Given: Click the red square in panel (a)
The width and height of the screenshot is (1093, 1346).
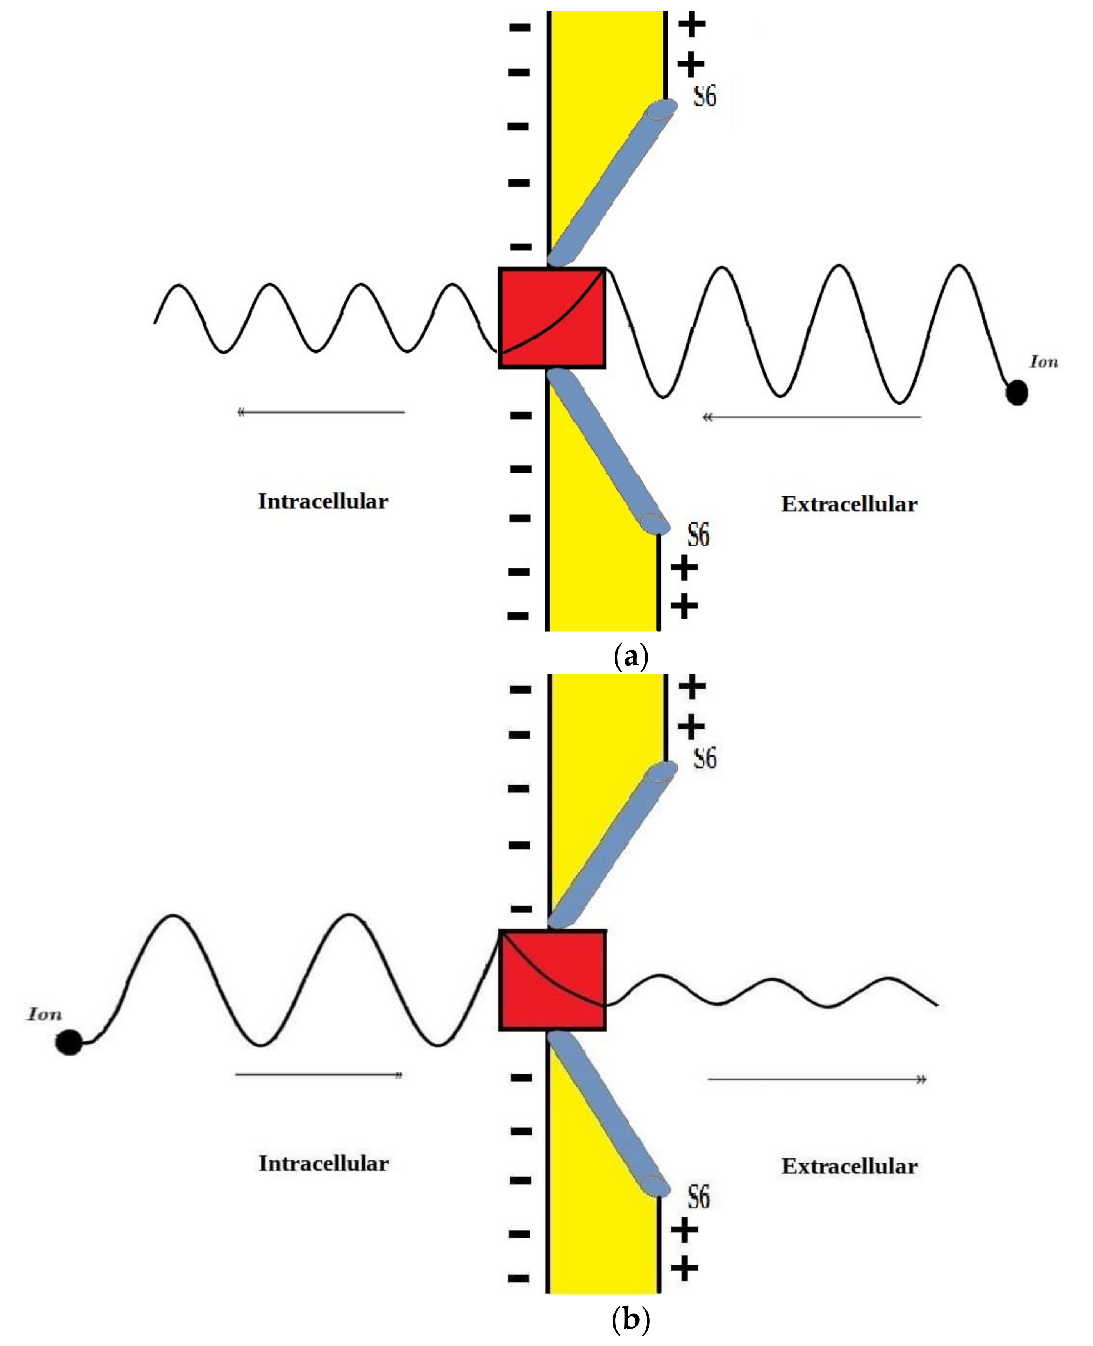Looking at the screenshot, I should point(552,318).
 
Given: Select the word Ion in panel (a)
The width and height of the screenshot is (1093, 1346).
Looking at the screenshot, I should point(1043,362).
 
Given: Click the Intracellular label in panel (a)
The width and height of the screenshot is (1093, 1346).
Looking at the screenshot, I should point(323,501).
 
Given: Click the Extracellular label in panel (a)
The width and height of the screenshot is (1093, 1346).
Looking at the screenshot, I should point(849,504).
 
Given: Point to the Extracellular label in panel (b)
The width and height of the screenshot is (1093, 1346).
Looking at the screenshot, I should point(849,1167).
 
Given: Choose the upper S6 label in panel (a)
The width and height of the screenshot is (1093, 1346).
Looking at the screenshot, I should point(704,96).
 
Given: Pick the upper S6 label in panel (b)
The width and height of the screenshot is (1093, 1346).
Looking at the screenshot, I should point(704,758).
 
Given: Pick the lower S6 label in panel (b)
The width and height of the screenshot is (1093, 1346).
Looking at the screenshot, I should point(698,1197).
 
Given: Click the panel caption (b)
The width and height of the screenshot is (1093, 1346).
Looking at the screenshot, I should point(630,1319).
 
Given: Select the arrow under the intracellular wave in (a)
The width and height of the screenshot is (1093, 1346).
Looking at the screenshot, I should point(321,412).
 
